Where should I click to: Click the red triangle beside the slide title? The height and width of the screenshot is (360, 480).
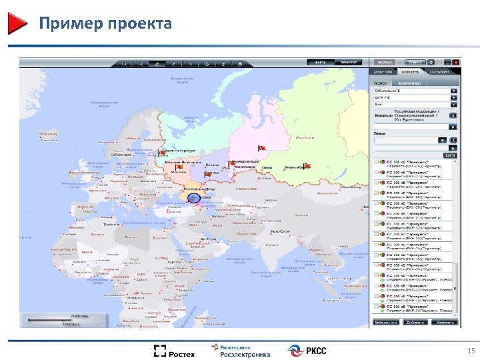pyautogui.click(x=17, y=23)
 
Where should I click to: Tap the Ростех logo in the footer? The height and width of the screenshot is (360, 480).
pyautogui.click(x=174, y=351)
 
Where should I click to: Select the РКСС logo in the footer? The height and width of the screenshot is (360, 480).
pyautogui.click(x=307, y=351)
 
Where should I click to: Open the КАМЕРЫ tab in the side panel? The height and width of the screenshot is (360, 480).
pyautogui.click(x=411, y=71)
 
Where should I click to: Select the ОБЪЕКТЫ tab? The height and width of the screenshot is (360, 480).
pyautogui.click(x=383, y=71)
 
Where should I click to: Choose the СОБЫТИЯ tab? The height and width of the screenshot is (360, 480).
pyautogui.click(x=439, y=71)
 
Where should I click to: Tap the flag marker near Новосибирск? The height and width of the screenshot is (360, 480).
pyautogui.click(x=306, y=166)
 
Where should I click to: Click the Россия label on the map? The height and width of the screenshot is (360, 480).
pyautogui.click(x=305, y=138)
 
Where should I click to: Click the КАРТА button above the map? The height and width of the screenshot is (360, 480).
pyautogui.click(x=321, y=62)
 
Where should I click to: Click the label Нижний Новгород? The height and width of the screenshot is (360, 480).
pyautogui.click(x=181, y=161)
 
